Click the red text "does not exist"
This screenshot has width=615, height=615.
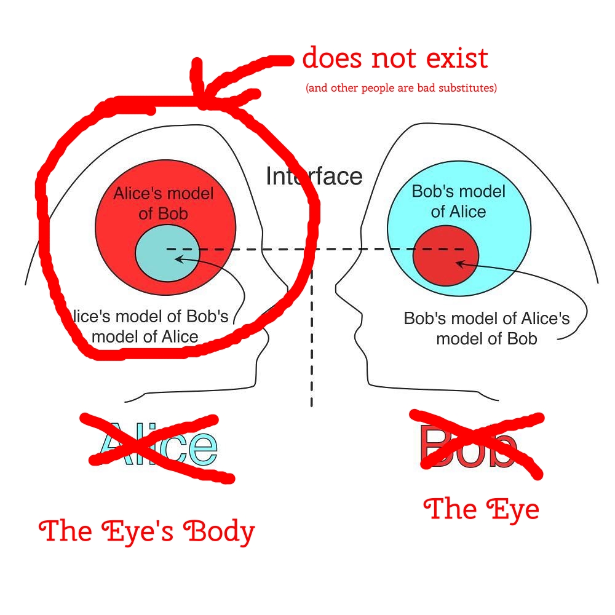click(x=395, y=59)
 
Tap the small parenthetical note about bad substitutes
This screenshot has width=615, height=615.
click(x=400, y=88)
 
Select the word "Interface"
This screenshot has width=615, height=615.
click(x=314, y=177)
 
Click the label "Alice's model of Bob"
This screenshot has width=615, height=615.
click(x=164, y=204)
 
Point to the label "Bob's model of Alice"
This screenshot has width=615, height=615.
click(x=458, y=201)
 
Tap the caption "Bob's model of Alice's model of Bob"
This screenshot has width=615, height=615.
click(x=486, y=328)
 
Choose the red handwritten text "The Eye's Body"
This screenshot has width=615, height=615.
click(x=146, y=531)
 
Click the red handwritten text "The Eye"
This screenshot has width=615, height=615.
click(x=482, y=509)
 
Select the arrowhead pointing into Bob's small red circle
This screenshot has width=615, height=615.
click(x=458, y=263)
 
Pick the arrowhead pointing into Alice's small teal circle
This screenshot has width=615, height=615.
click(x=179, y=259)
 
